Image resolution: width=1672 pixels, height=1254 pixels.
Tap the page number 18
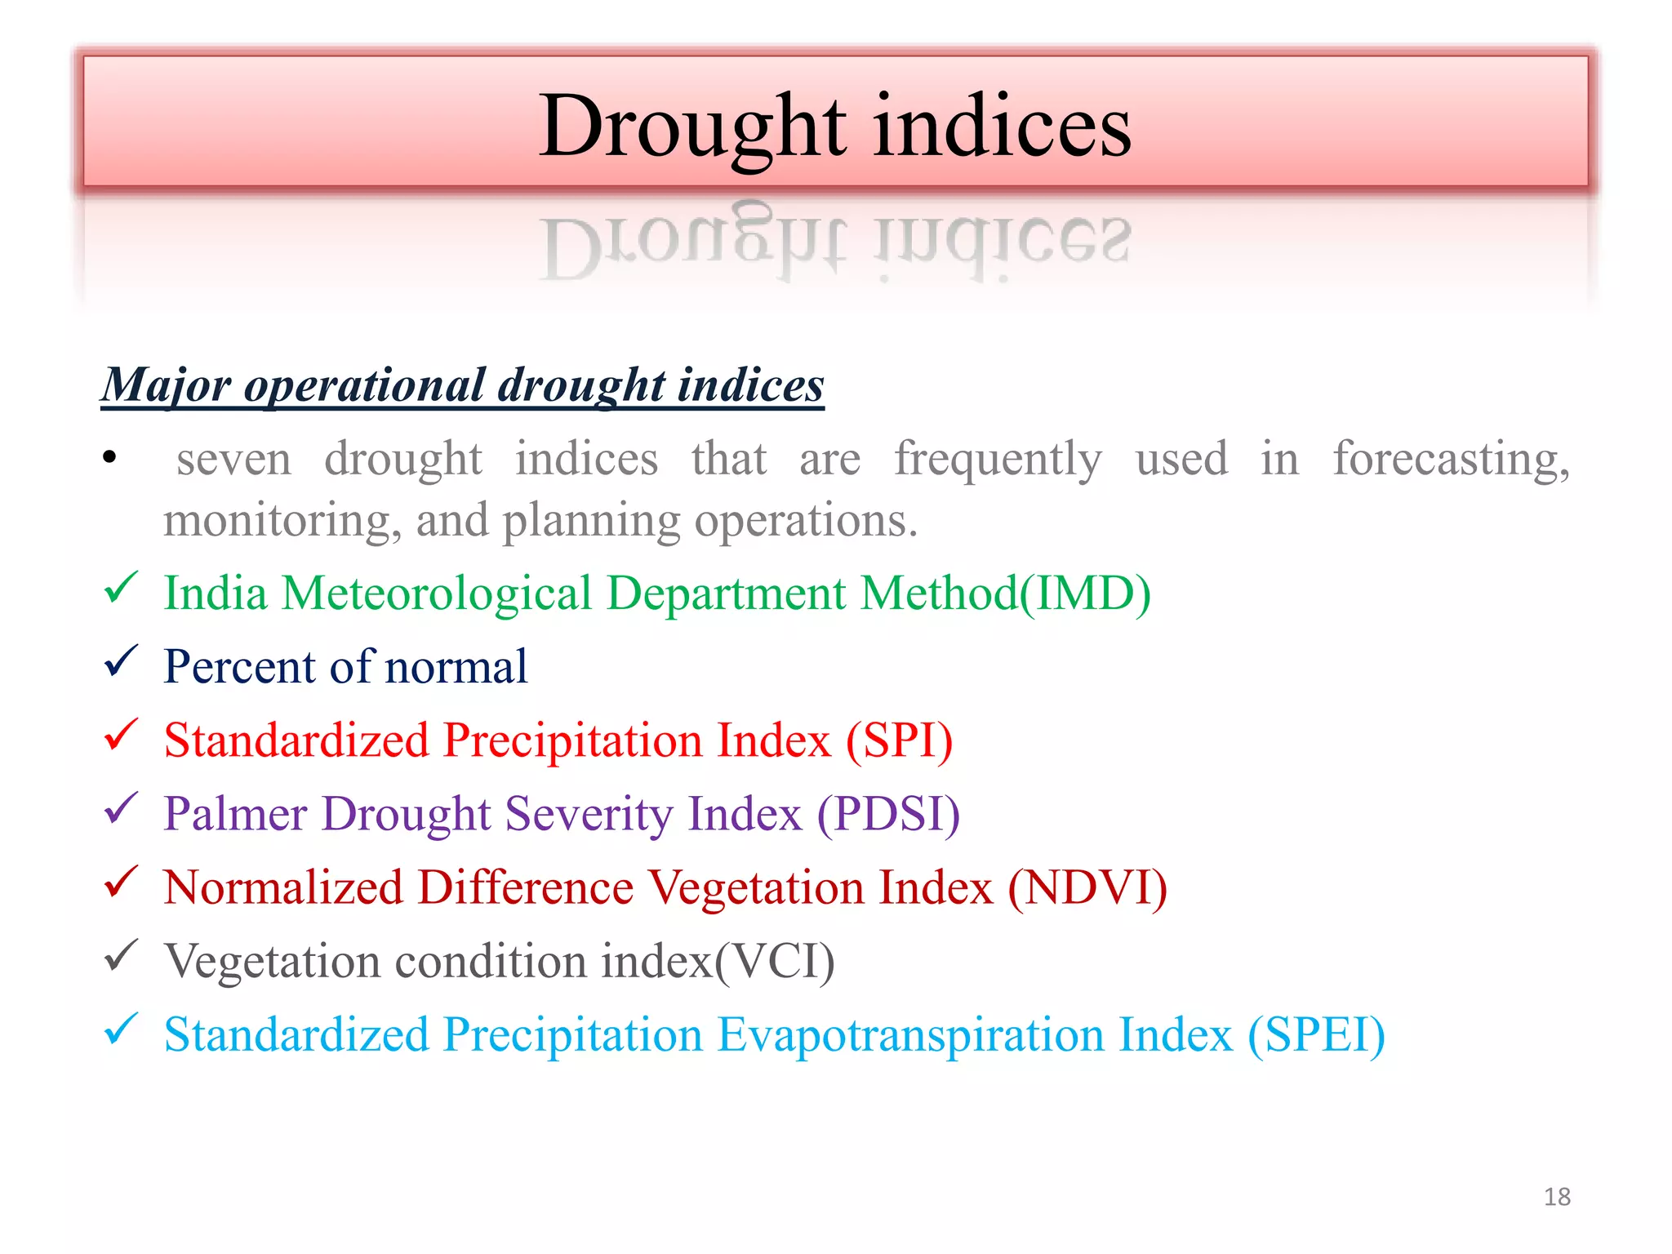1557,1197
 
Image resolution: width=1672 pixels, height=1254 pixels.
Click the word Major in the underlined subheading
167,385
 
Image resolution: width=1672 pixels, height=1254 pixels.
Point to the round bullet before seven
110,459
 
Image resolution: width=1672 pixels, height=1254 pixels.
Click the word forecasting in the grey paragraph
1451,459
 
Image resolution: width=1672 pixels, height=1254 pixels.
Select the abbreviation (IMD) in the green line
1085,593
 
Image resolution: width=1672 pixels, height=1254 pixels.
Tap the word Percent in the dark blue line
238,666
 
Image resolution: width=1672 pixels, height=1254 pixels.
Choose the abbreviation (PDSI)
888,813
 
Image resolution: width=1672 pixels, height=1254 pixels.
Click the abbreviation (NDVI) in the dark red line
1087,887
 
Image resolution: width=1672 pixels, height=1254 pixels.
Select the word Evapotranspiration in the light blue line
909,1034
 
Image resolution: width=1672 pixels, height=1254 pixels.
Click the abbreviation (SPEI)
1316,1034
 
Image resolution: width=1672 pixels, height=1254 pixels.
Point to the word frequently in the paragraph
998,459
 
